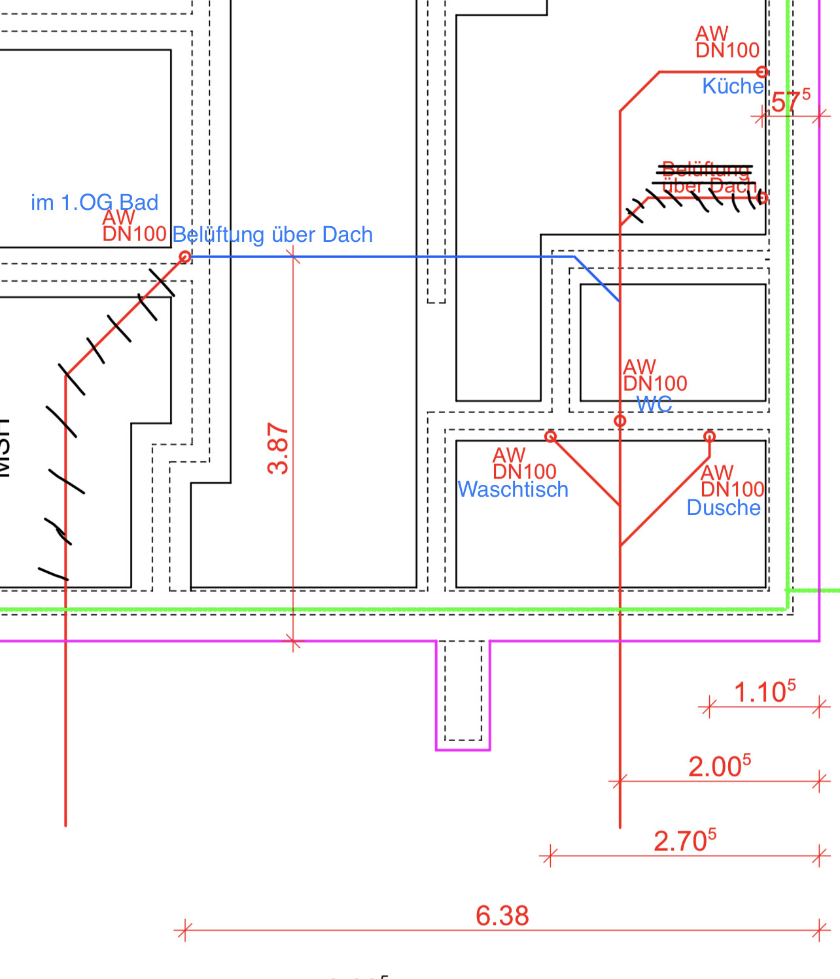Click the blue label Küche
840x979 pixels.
tap(733, 86)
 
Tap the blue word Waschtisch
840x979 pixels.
tap(513, 489)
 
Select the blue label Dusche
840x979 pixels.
tap(724, 508)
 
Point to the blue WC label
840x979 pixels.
tap(654, 405)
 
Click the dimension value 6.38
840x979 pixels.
tap(502, 916)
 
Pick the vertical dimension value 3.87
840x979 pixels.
tap(278, 448)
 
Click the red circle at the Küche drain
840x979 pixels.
tap(762, 72)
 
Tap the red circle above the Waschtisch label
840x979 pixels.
tap(551, 436)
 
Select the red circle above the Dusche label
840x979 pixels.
tap(710, 436)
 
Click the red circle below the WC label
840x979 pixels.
tap(620, 421)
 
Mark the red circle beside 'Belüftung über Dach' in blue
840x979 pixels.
tap(185, 257)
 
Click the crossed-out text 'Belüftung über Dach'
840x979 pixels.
tap(707, 178)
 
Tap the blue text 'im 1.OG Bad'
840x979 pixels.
tap(94, 203)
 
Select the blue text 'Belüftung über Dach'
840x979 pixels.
tap(272, 235)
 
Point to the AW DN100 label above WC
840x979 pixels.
tap(654, 375)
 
